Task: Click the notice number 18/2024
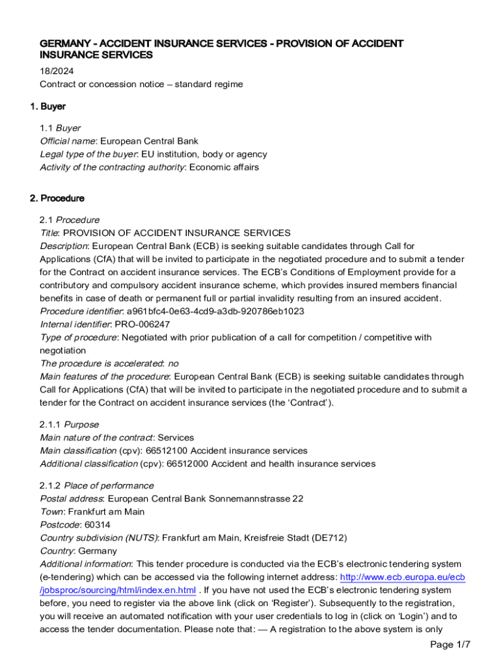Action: (54, 72)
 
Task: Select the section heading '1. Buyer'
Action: (53, 106)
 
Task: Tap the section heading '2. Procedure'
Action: (62, 198)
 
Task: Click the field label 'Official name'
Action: (68, 141)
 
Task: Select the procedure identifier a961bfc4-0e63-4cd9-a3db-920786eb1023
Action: (215, 311)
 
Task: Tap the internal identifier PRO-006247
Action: (142, 324)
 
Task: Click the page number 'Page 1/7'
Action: (450, 645)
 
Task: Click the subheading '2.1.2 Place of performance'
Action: (97, 486)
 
